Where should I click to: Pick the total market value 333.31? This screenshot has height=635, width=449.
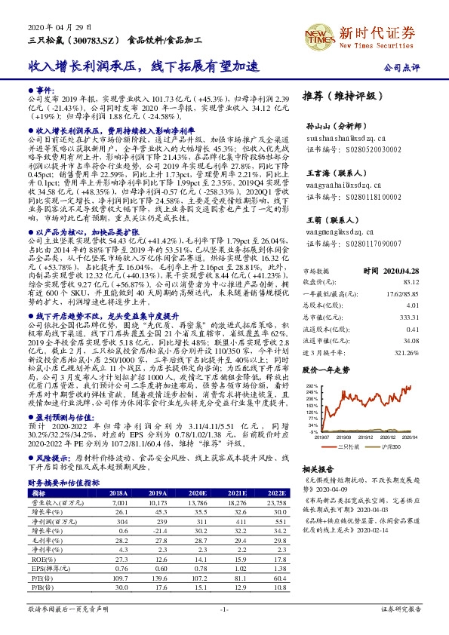412,318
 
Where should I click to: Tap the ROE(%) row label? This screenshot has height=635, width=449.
40,560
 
